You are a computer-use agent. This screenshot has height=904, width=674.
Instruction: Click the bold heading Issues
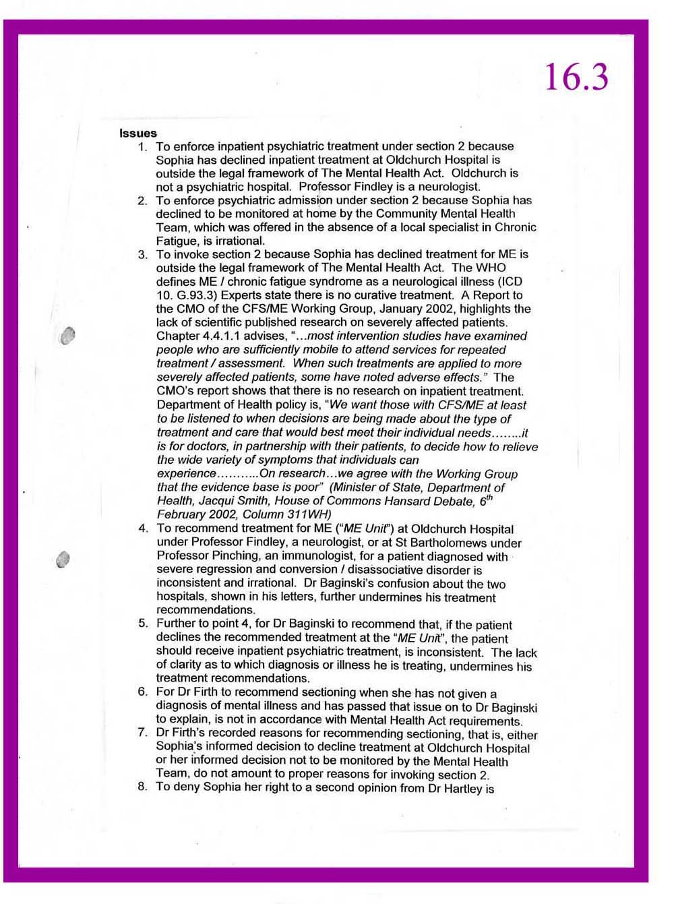(138, 133)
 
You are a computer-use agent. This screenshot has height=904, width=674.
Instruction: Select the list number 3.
(142, 255)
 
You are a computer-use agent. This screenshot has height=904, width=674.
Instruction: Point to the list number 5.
(143, 623)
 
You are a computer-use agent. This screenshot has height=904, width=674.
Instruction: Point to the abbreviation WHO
(491, 268)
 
